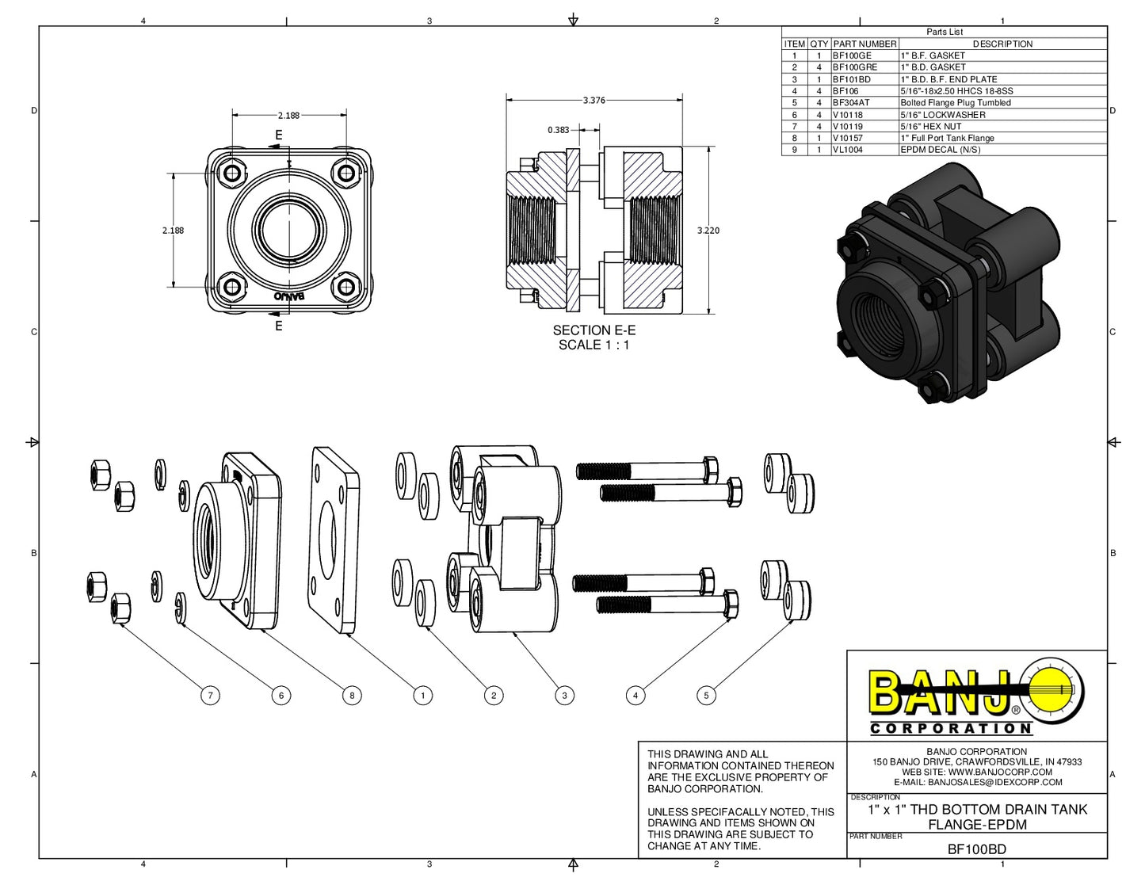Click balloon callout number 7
(210, 696)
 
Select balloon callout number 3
(564, 696)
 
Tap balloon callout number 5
(706, 696)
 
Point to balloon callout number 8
(352, 696)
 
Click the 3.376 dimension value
(594, 101)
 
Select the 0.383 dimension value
(558, 130)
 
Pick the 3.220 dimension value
(708, 231)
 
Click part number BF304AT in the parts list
(851, 103)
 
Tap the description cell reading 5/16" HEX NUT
(930, 126)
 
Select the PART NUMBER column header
(864, 44)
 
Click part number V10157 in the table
(848, 138)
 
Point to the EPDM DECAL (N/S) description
(940, 150)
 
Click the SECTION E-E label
(594, 330)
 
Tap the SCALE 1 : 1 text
(594, 345)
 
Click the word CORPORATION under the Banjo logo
(951, 728)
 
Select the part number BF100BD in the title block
(976, 849)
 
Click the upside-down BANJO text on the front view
(289, 296)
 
